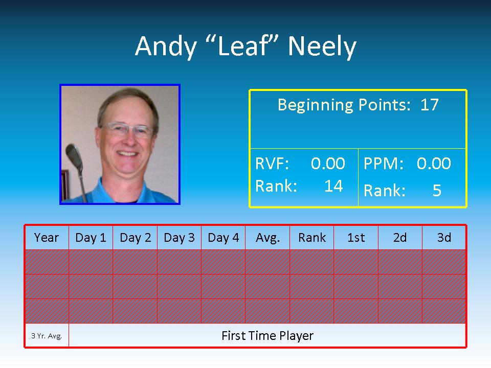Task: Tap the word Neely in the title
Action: [x=322, y=47]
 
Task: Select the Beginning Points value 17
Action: [x=429, y=104]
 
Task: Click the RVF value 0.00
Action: [x=328, y=164]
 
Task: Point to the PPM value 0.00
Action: [x=434, y=164]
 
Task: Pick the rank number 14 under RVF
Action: [x=333, y=186]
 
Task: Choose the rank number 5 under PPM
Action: [x=437, y=190]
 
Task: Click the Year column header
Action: [x=47, y=238]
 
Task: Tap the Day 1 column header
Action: [x=91, y=238]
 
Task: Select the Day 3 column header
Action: [x=179, y=238]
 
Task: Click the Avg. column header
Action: [x=267, y=238]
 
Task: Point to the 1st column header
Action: [x=356, y=238]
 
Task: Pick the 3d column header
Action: [x=444, y=238]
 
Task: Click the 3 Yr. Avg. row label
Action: [x=47, y=336]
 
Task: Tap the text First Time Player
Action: [x=267, y=336]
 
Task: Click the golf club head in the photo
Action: [x=74, y=158]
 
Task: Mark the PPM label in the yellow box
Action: [x=384, y=164]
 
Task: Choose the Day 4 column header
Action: [x=224, y=238]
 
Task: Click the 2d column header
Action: [x=400, y=238]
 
